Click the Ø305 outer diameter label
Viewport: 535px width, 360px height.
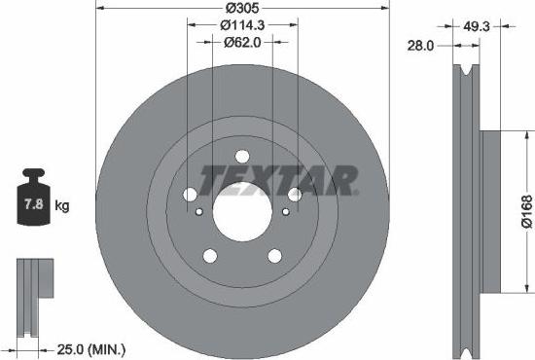(241, 8)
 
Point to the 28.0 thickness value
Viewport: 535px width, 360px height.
(421, 45)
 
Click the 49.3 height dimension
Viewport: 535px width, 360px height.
(477, 26)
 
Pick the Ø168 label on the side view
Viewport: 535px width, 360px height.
(525, 209)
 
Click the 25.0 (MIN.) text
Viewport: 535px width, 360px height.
(92, 347)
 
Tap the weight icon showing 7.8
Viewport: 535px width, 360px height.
(35, 202)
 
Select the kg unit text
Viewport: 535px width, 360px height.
(63, 206)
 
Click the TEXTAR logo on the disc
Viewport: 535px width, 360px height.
(278, 180)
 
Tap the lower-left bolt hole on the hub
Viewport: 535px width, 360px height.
(208, 255)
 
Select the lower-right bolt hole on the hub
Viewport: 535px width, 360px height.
(274, 255)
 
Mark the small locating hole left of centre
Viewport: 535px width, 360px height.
(198, 212)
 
